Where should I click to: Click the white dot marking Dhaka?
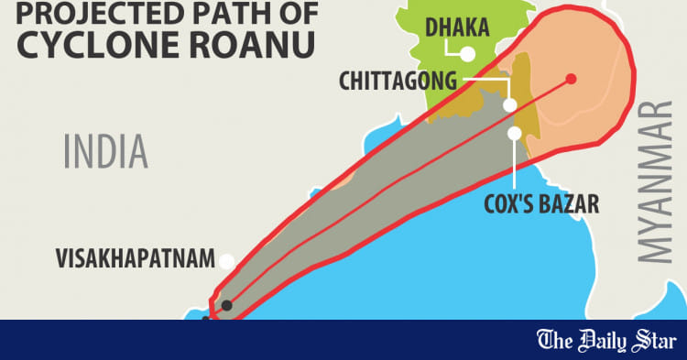[468, 54]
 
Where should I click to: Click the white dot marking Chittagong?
[510, 104]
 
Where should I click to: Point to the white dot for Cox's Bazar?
[515, 134]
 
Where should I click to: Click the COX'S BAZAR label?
[540, 202]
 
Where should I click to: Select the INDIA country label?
[105, 150]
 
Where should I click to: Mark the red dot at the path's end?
[571, 79]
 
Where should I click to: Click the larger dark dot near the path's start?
[226, 305]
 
